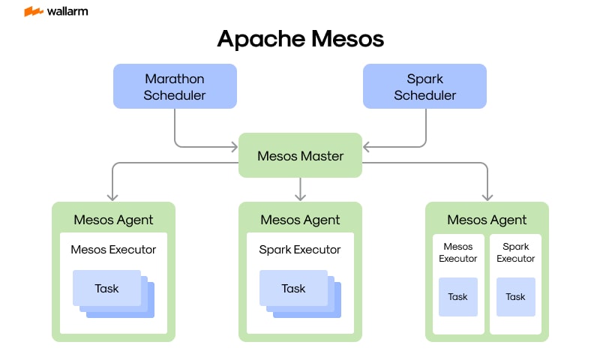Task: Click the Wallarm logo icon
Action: pos(33,12)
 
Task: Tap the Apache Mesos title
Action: pos(300,39)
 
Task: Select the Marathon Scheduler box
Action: pos(175,86)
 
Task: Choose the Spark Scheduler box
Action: pos(424,86)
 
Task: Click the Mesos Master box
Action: pos(300,156)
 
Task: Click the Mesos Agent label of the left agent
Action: pos(113,220)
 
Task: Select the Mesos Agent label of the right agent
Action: pos(487,220)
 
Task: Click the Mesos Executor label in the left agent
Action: pos(113,249)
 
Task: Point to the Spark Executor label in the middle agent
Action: pos(300,249)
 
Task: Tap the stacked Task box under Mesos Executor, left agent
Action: pos(107,289)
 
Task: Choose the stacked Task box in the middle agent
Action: pos(294,289)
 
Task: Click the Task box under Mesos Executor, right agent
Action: pos(458,297)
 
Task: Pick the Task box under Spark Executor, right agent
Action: pos(516,297)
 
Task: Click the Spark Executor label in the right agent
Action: pos(516,252)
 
